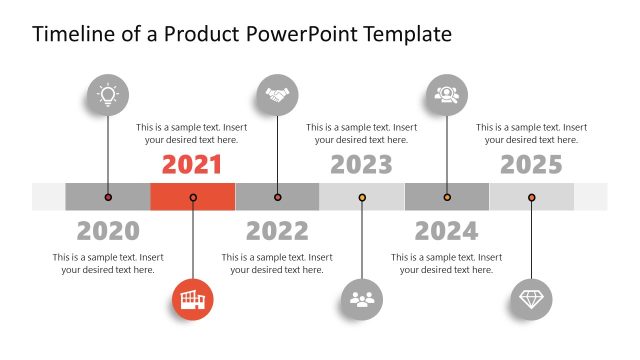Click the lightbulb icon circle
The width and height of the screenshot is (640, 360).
point(108,95)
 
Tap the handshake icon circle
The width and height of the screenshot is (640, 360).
point(277,95)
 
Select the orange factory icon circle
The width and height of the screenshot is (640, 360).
point(192,299)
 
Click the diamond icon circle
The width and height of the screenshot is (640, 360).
point(531,299)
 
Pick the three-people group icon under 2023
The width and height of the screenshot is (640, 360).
point(362,299)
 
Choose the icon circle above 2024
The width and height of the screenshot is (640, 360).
point(446,95)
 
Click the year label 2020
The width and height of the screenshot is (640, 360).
point(108,231)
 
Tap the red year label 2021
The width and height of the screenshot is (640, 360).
point(192,164)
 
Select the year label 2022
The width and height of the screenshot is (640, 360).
point(277,231)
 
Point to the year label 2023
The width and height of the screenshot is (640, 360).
point(362,164)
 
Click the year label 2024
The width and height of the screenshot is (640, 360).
point(446,231)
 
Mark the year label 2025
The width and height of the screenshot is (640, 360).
point(531,164)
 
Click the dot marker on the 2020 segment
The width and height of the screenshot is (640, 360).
point(108,197)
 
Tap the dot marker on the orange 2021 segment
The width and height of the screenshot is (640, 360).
point(192,197)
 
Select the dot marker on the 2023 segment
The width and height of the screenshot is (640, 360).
point(362,197)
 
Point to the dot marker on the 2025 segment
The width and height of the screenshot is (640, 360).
point(531,197)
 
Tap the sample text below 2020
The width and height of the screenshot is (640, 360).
point(108,263)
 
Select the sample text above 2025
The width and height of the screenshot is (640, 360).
point(531,133)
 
